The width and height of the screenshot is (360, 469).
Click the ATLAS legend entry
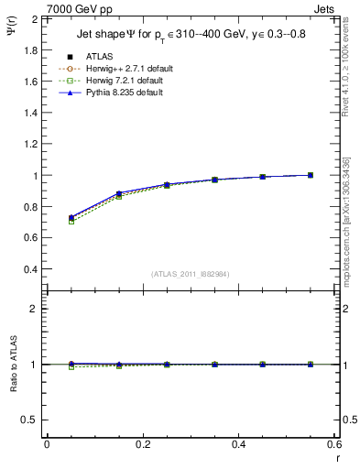[x=101, y=56]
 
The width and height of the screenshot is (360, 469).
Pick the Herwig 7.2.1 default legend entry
[x=125, y=81]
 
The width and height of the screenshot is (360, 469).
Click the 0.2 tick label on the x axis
[x=143, y=443]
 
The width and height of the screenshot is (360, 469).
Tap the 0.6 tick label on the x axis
[x=333, y=443]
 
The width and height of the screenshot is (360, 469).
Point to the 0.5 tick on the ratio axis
[x=29, y=420]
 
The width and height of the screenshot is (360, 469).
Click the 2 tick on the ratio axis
[x=34, y=309]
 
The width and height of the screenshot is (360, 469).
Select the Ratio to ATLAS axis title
[x=13, y=364]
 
